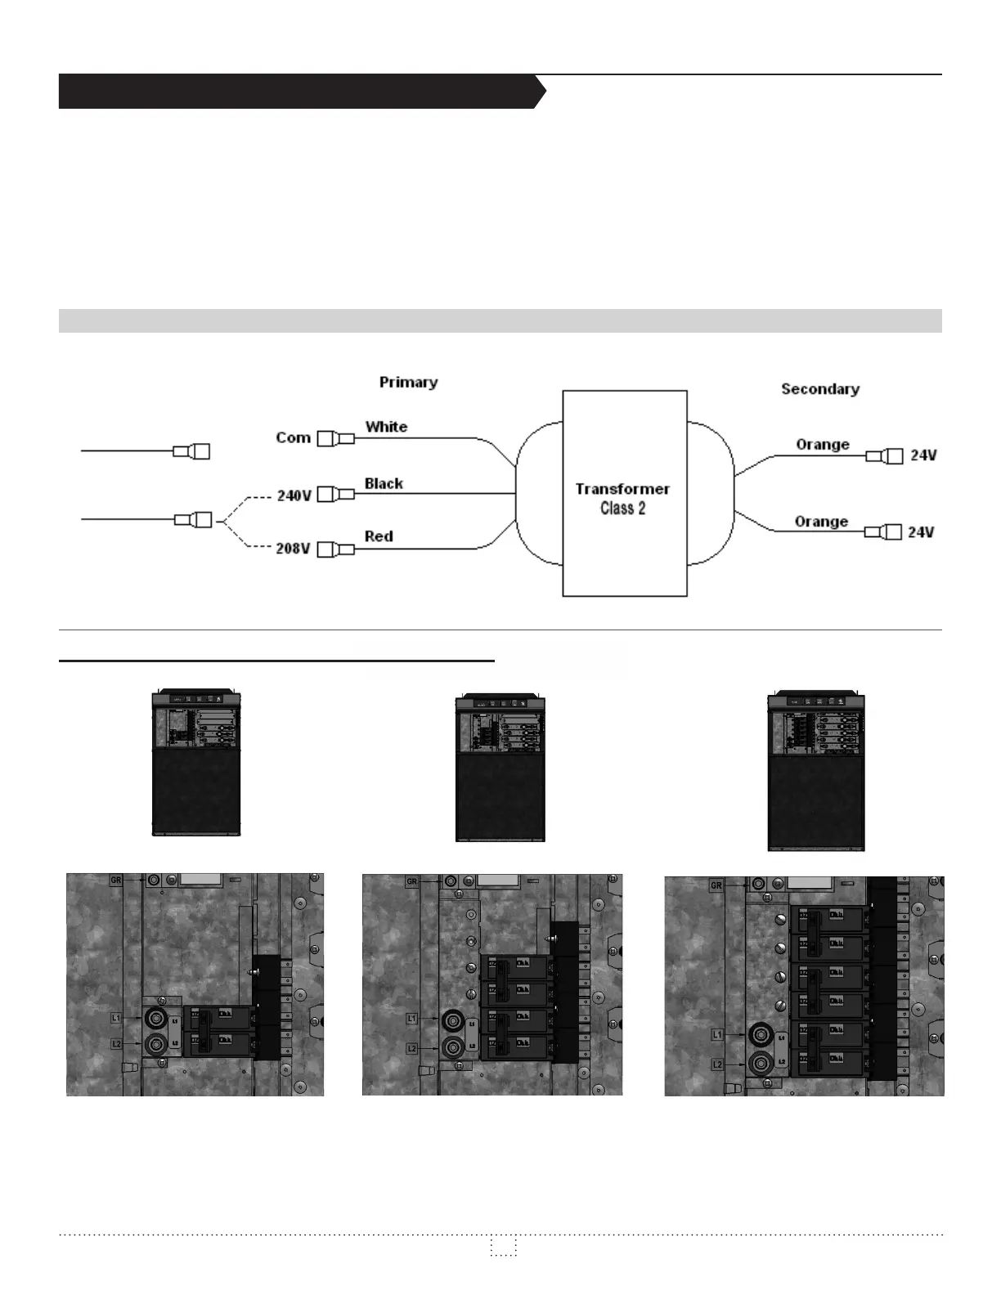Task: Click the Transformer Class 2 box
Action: [x=624, y=494]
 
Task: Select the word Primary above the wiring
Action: [x=408, y=382]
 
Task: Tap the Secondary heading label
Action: [x=819, y=389]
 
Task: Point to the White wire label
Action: [x=386, y=427]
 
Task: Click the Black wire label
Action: [x=384, y=483]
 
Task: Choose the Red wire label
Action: [x=379, y=536]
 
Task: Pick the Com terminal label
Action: [x=293, y=437]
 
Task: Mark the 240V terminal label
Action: [x=294, y=495]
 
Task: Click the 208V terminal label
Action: [x=292, y=549]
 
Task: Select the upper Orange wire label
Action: [x=823, y=445]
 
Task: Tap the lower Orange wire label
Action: [x=821, y=522]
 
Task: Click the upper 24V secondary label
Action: [x=923, y=455]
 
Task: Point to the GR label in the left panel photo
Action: [x=115, y=880]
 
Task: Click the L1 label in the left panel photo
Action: [x=115, y=1019]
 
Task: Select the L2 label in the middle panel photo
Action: [x=412, y=1049]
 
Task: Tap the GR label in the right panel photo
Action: [x=716, y=885]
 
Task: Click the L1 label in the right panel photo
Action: [x=717, y=1035]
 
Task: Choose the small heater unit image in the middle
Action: [x=500, y=767]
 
